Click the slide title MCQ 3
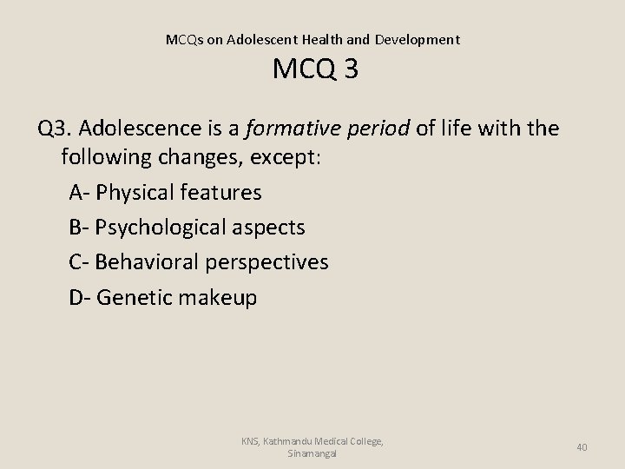coord(315,69)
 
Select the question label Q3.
coord(55,129)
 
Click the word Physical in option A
coord(135,191)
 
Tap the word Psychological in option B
coord(161,227)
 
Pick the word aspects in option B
coord(269,227)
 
